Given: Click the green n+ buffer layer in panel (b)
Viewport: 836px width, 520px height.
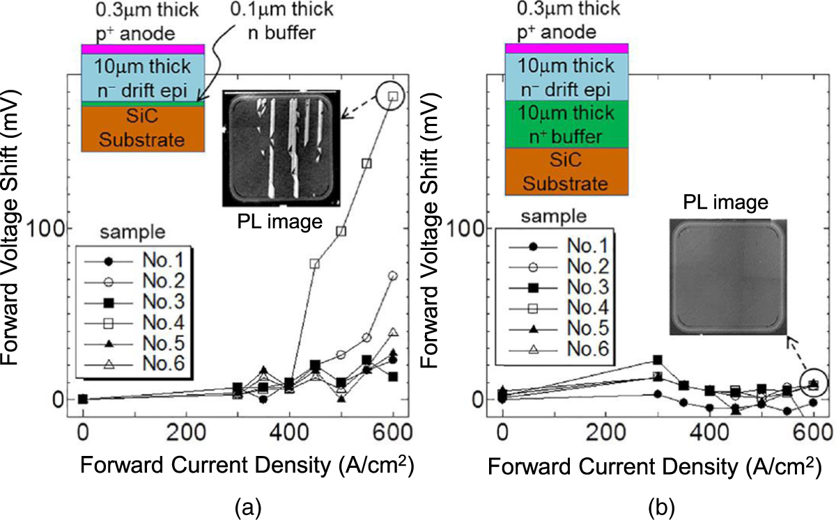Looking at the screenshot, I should pyautogui.click(x=566, y=123).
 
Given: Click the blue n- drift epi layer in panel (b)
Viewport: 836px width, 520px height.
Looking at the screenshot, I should pyautogui.click(x=566, y=77).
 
